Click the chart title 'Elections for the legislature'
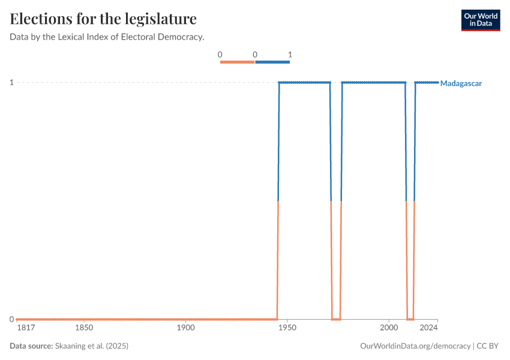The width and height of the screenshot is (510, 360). (x=103, y=19)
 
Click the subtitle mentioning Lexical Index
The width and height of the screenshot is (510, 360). (x=107, y=37)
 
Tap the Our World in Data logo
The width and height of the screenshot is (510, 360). (x=480, y=20)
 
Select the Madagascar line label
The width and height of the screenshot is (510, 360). (x=461, y=83)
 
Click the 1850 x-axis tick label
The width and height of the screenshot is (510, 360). (x=84, y=328)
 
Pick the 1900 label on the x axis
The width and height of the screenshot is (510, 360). (x=186, y=328)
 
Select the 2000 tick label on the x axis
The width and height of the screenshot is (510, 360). (x=389, y=328)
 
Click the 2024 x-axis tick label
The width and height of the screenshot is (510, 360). (x=428, y=328)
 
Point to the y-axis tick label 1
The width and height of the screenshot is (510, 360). (x=11, y=82)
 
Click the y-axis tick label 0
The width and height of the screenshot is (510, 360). (x=11, y=319)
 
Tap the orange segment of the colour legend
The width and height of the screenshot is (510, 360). (x=237, y=62)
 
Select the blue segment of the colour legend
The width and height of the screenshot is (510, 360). (x=272, y=62)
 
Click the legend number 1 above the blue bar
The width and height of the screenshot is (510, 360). (x=290, y=55)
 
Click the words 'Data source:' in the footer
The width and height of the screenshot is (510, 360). (x=31, y=346)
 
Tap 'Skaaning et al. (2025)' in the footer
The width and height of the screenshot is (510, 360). (x=92, y=346)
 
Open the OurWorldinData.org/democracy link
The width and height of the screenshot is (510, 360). (x=415, y=346)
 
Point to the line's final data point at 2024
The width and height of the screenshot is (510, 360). (x=437, y=82)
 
